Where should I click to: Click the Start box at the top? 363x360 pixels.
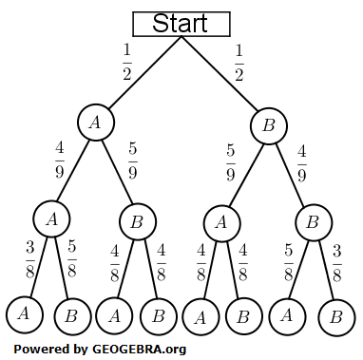pyautogui.click(x=180, y=23)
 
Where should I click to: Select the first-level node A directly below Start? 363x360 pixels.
pyautogui.click(x=94, y=122)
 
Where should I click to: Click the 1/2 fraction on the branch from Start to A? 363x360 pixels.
pyautogui.click(x=125, y=60)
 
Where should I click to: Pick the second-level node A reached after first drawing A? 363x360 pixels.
pyautogui.click(x=51, y=218)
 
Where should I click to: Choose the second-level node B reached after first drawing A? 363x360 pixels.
pyautogui.click(x=137, y=222)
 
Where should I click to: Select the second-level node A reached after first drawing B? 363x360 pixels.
pyautogui.click(x=221, y=222)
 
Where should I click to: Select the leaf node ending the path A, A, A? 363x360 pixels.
pyautogui.click(x=23, y=313)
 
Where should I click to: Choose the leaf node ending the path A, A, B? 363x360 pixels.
pyautogui.click(x=71, y=315)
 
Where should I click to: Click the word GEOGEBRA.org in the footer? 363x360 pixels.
pyautogui.click(x=138, y=348)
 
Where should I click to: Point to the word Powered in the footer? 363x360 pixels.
pyautogui.click(x=40, y=348)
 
